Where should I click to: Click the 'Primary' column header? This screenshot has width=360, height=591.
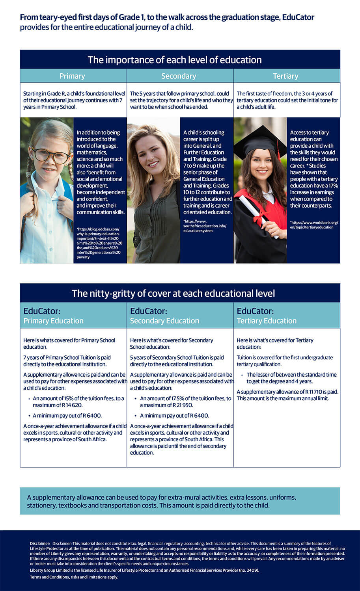72,76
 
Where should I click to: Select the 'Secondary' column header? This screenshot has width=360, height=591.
179,76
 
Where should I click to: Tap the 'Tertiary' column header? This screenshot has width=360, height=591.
285,76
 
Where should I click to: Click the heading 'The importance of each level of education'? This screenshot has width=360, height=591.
175,60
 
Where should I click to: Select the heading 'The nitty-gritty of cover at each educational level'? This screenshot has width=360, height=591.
173,294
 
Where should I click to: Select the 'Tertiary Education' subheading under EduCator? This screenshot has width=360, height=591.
267,321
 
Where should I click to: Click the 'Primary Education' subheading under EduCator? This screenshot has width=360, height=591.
53,321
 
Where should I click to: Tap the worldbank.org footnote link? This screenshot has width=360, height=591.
314,225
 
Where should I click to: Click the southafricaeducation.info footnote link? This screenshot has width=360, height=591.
205,226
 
